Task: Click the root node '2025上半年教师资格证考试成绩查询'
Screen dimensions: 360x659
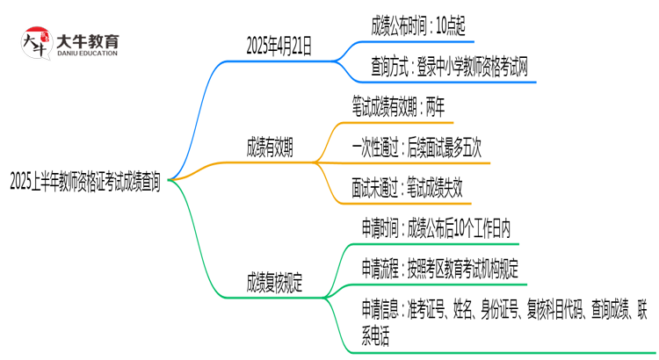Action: tap(85, 182)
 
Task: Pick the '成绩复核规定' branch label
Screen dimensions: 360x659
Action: tap(275, 283)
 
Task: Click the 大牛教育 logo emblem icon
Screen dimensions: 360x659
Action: tap(33, 42)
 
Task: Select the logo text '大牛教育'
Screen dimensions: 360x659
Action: tap(89, 38)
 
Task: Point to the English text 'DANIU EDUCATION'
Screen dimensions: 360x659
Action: tap(88, 53)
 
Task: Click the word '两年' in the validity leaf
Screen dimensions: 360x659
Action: tap(434, 109)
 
